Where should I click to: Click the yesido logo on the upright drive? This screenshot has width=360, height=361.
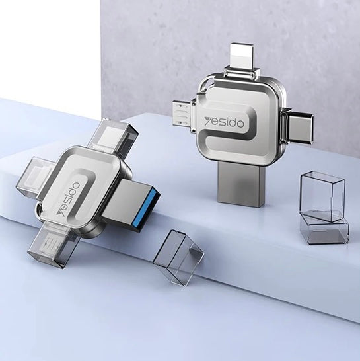[224, 122]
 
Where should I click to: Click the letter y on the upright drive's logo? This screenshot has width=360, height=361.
[208, 120]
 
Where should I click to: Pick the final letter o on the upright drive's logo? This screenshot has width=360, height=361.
[240, 124]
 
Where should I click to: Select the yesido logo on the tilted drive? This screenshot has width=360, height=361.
[69, 200]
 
